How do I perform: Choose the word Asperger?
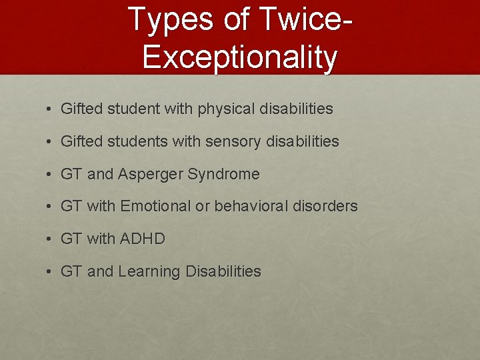point(151,175)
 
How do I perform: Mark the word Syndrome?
point(224,174)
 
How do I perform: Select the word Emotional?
point(155,207)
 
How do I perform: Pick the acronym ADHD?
point(143,239)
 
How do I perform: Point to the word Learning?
point(149,272)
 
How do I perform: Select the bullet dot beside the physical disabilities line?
point(50,109)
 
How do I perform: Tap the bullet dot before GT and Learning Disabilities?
point(50,272)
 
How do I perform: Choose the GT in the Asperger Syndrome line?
point(71,175)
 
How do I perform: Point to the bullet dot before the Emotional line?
point(50,207)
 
